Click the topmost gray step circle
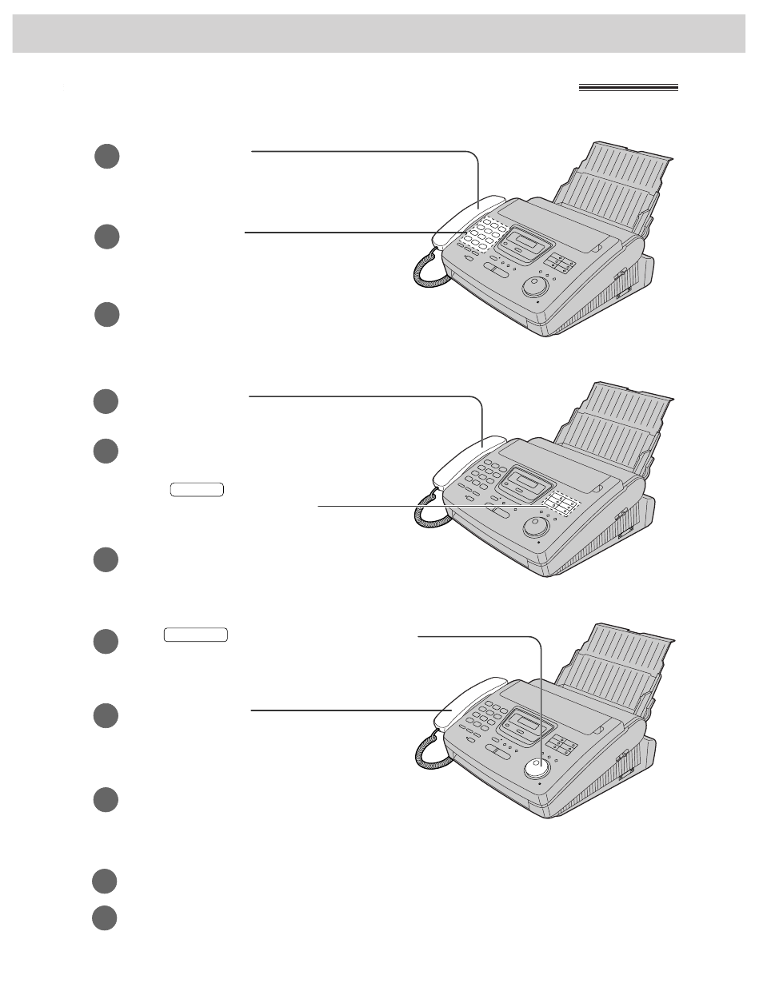point(106,156)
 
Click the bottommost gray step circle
point(104,917)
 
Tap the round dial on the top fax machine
point(534,286)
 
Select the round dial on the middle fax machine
point(535,526)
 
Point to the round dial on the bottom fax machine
point(536,769)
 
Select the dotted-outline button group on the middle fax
point(561,504)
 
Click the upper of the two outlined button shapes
point(197,490)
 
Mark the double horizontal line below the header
point(628,88)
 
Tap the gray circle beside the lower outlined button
point(106,641)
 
